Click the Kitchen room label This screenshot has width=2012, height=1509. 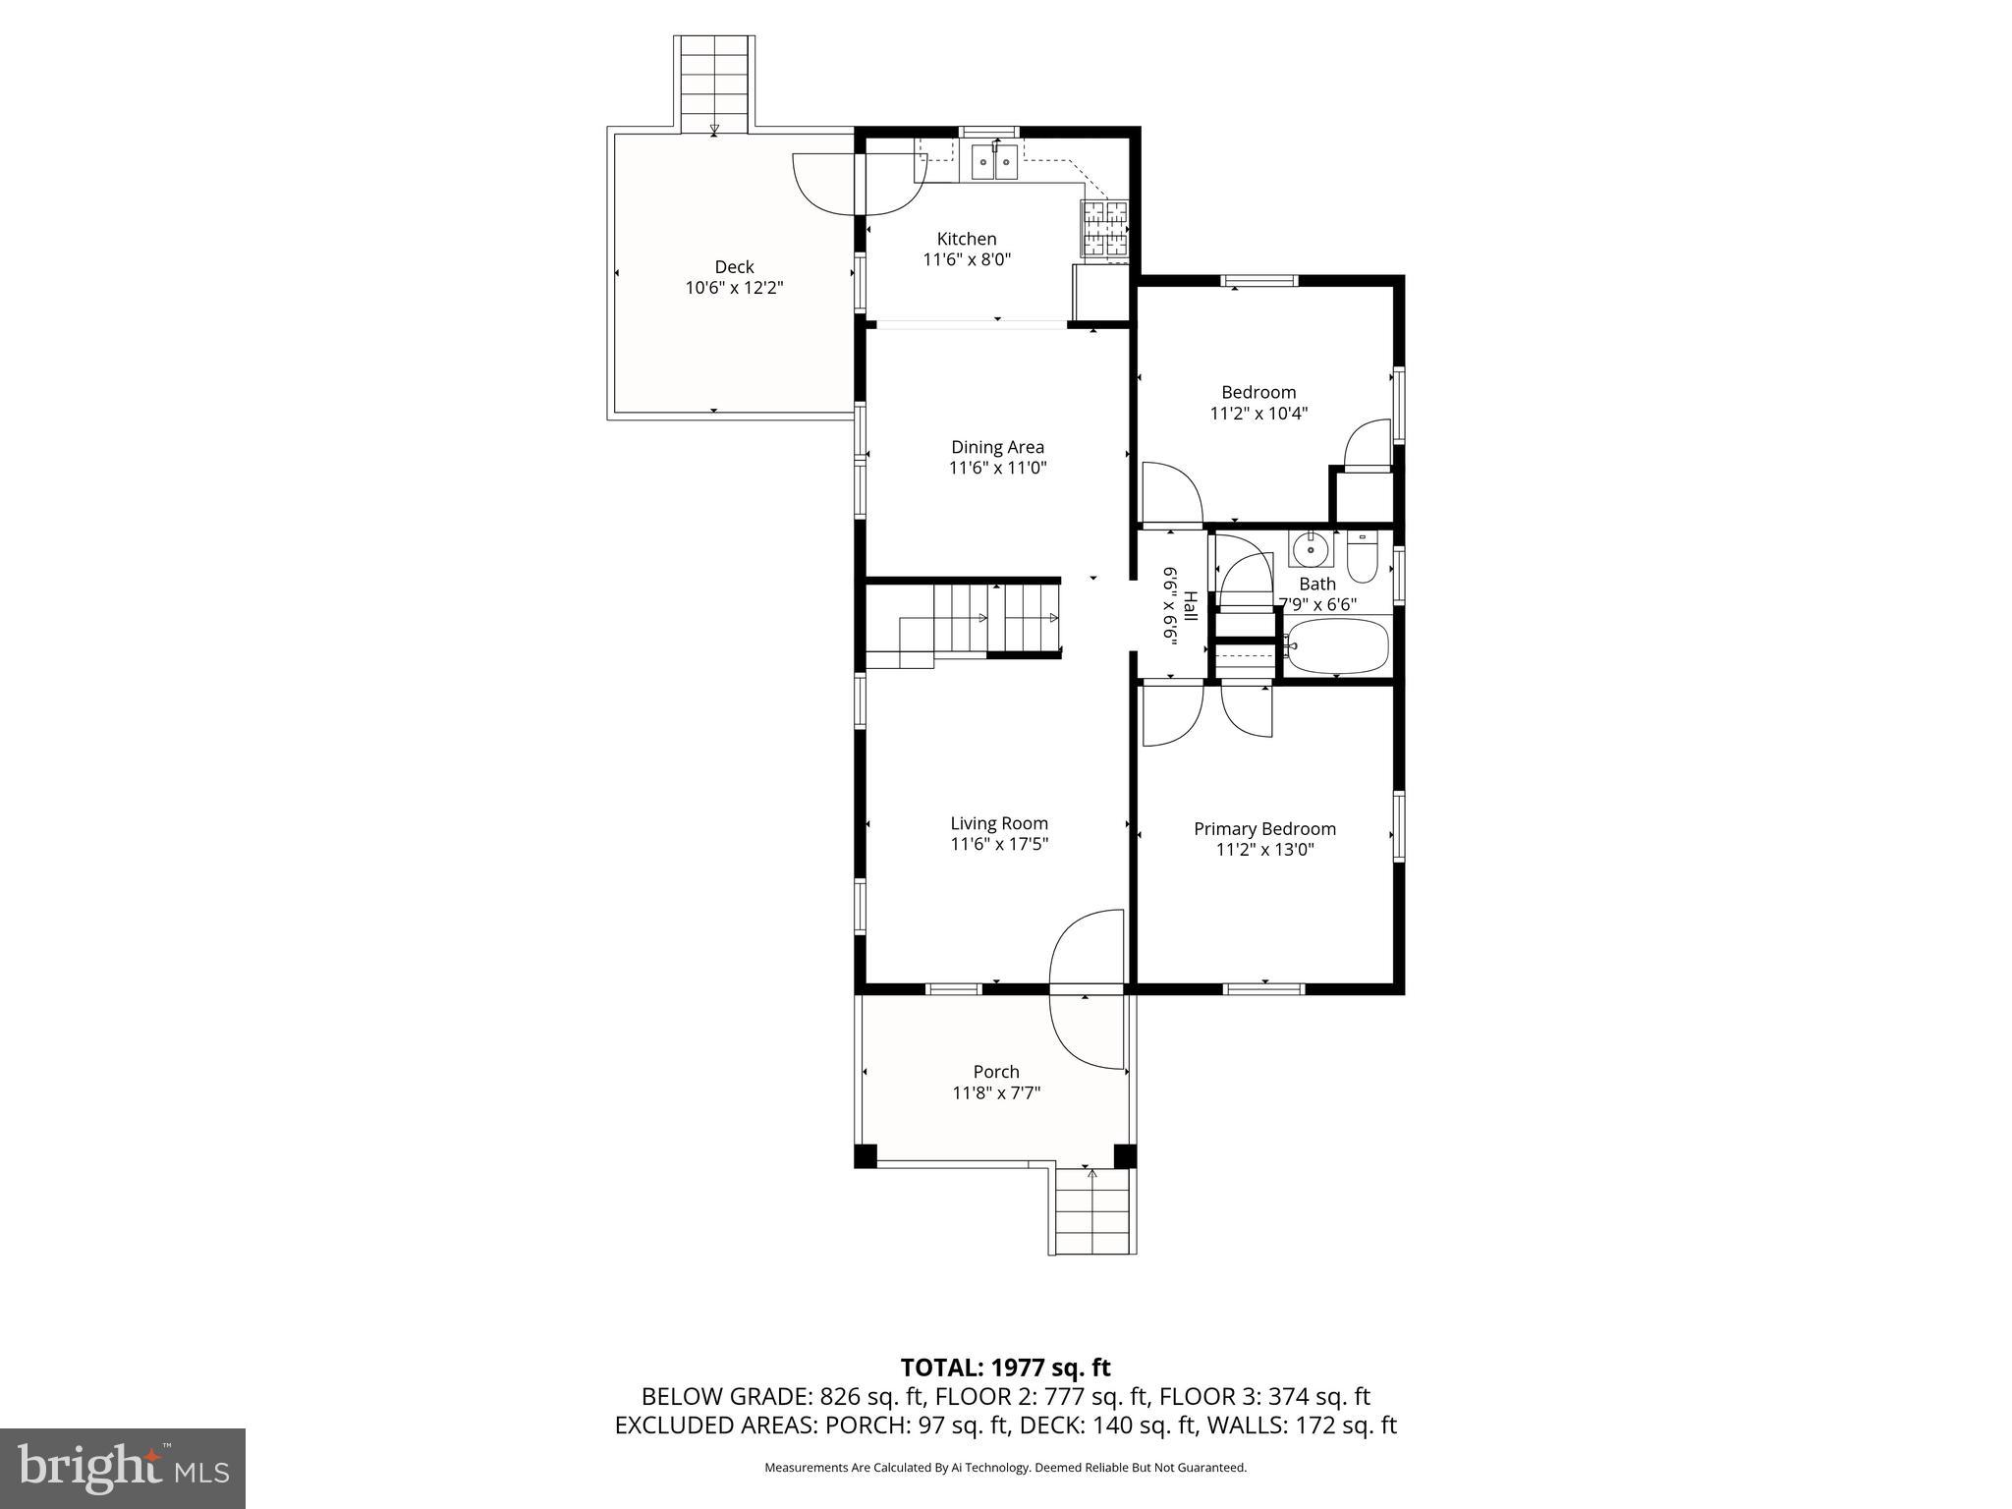(x=966, y=239)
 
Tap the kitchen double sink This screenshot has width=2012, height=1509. (x=994, y=163)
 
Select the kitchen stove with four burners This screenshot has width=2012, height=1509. (x=1105, y=230)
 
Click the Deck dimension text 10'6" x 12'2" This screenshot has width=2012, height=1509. (x=734, y=288)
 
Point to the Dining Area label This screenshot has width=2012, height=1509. (x=997, y=447)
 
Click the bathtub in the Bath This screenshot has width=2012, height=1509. (x=1337, y=646)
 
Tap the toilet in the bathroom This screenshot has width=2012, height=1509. (x=1362, y=557)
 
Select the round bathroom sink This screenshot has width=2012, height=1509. (x=1311, y=550)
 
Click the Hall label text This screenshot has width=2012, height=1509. (x=1190, y=606)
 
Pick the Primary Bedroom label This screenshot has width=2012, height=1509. (x=1264, y=828)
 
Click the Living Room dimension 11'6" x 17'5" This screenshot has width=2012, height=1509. (x=999, y=845)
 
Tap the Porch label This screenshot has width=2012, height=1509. (x=996, y=1072)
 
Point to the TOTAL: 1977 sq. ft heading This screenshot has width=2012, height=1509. (x=1005, y=1368)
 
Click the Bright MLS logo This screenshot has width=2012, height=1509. (x=123, y=1468)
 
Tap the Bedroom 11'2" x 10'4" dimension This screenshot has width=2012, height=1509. (x=1258, y=414)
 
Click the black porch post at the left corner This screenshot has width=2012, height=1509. (x=865, y=1155)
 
